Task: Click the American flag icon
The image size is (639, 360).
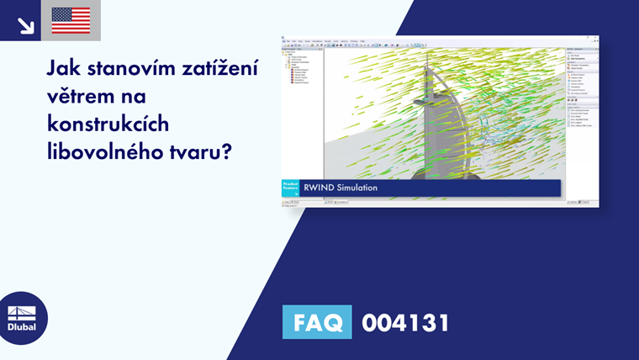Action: tap(71, 20)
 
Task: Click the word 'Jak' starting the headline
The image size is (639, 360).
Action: tap(63, 68)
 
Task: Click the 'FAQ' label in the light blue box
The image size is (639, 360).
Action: tap(317, 322)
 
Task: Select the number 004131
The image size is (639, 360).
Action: tap(405, 322)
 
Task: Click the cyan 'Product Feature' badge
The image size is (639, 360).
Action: tap(289, 188)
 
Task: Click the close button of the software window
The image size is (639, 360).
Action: tap(596, 38)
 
